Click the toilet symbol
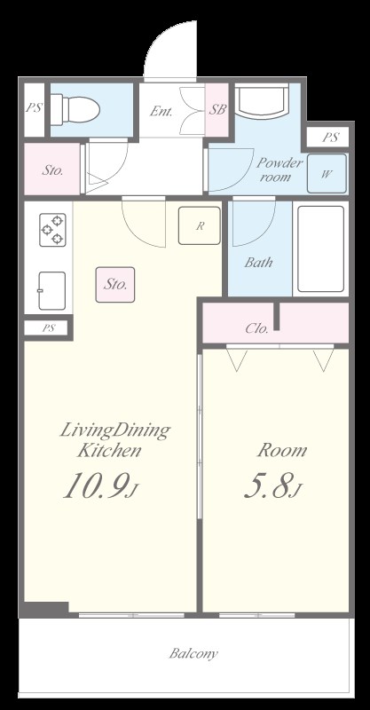click(75, 109)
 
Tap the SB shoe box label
click(218, 109)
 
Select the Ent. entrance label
click(161, 112)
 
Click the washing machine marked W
click(327, 173)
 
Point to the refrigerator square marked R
click(200, 225)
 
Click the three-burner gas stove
click(52, 230)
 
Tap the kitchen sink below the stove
click(51, 290)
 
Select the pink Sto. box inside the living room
click(115, 284)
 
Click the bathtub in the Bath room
click(320, 248)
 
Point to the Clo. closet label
click(256, 328)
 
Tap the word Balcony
click(193, 653)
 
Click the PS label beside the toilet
click(34, 108)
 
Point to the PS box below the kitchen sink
click(48, 327)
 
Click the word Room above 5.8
click(281, 451)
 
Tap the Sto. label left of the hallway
click(53, 170)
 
